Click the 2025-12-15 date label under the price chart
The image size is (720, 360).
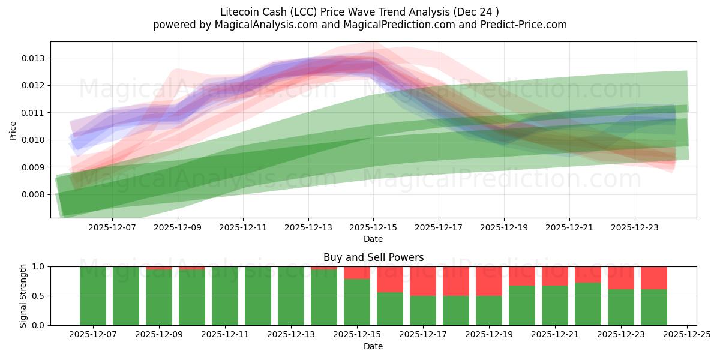click(373, 228)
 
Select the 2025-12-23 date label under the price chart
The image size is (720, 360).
click(635, 228)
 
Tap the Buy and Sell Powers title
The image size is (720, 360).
click(373, 257)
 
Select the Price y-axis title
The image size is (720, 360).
click(13, 130)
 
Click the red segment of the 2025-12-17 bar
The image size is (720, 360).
click(423, 281)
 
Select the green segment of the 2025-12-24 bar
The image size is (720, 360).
click(654, 307)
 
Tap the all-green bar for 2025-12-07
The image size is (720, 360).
click(93, 296)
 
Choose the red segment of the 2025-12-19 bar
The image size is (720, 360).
click(489, 281)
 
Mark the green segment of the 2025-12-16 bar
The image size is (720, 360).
click(390, 309)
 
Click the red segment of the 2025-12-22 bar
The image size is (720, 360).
click(588, 274)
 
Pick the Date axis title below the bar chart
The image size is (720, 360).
click(373, 346)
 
